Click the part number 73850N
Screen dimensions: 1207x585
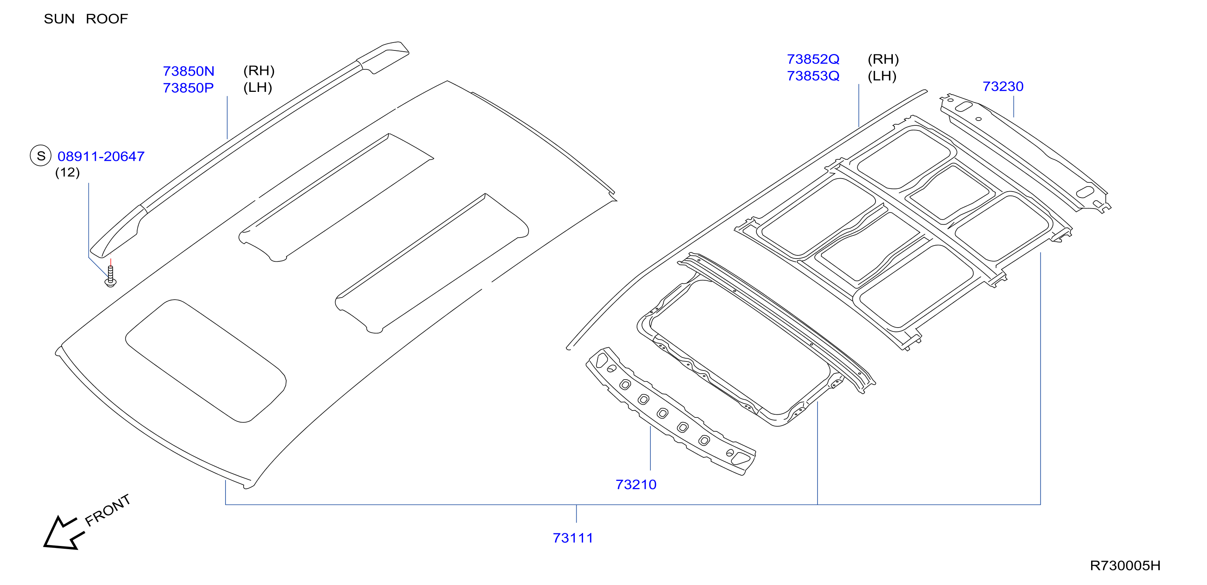pos(188,71)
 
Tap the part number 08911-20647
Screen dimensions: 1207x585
pos(101,156)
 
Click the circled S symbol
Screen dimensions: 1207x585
pos(41,156)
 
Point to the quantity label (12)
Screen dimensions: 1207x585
pos(67,173)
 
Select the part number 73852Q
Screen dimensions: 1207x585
pos(813,60)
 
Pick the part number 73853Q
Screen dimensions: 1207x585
pos(813,76)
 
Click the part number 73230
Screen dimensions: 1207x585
pos(1003,87)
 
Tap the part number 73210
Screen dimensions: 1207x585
pos(636,485)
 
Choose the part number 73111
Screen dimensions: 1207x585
pos(573,538)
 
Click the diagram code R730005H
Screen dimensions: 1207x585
pos(1125,566)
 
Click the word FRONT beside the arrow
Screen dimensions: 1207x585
pos(107,510)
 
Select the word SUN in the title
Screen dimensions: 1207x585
pos(59,19)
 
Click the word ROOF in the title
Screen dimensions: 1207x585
pos(107,19)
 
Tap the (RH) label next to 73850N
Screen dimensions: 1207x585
pos(259,71)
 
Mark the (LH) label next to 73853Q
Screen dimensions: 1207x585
pos(882,76)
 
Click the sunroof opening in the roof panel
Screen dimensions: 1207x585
pos(205,361)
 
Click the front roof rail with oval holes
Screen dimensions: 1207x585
pos(670,411)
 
